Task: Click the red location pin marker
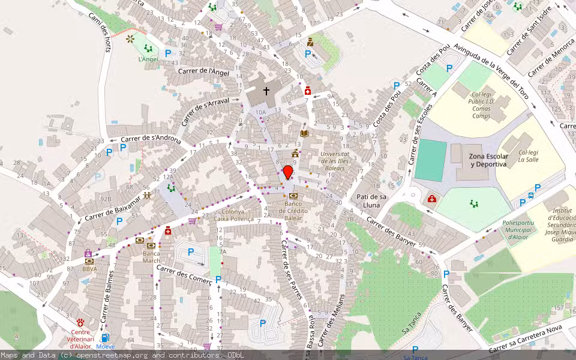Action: tap(288, 172)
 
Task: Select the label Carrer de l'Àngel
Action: tap(204, 71)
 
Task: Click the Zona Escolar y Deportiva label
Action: tap(488, 160)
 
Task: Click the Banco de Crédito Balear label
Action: tap(293, 211)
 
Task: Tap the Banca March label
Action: tap(151, 256)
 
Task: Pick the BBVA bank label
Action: tap(89, 269)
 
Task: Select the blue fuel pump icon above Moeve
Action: tap(106, 338)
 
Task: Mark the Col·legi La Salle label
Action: tap(528, 156)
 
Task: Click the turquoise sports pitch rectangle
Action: tap(430, 160)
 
